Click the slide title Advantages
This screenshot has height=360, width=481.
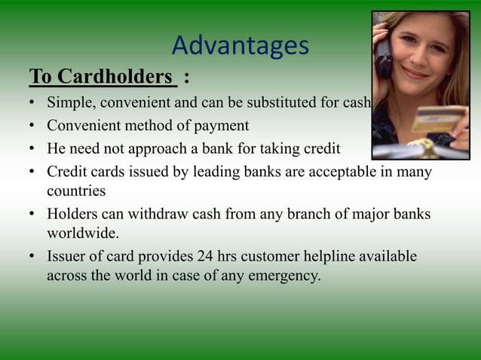point(240,46)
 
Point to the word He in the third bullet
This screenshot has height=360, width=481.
point(57,148)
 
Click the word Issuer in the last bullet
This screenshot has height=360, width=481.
point(67,257)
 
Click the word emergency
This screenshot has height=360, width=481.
point(286,276)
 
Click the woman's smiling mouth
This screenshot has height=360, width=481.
point(416,74)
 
